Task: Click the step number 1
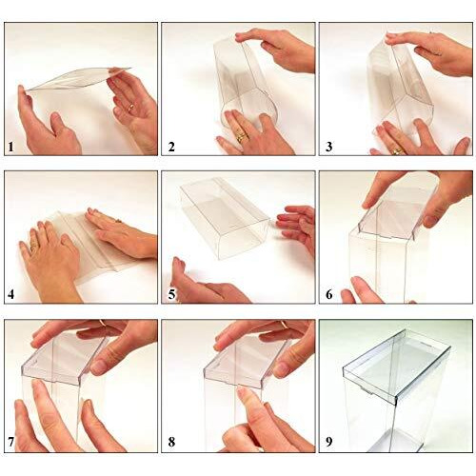pos(10,147)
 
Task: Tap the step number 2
pos(171,147)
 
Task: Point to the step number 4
pos(10,294)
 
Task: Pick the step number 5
pos(171,294)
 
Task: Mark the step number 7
pos(10,443)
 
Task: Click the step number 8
pos(171,443)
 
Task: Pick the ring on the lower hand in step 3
pos(396,149)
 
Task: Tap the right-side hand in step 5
pos(298,228)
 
